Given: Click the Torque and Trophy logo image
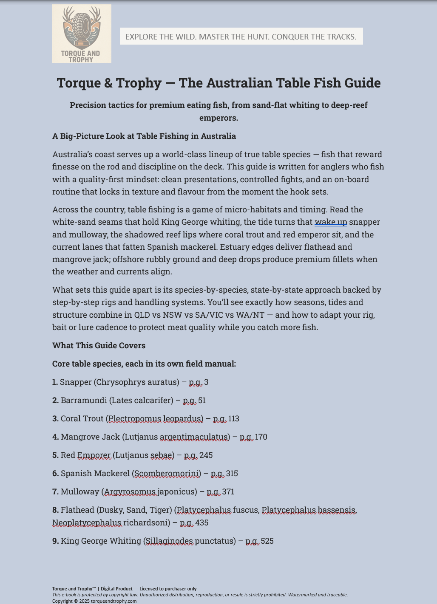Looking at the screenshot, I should coord(82,34).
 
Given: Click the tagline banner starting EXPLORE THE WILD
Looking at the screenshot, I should coord(241,37).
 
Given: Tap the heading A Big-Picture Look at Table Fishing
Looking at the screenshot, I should coord(144,136).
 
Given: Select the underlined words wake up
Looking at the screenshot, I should coord(331,222).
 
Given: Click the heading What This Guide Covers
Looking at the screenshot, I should coord(99,346).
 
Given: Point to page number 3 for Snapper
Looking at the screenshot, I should coord(206,382).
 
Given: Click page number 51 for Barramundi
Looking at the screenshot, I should coord(202,401).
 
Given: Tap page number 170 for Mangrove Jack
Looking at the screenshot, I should coord(261,437).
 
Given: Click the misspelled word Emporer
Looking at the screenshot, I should coord(94,455).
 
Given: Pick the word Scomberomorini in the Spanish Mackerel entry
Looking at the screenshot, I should coord(167,474).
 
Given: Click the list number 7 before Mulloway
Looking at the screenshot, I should coord(55,492).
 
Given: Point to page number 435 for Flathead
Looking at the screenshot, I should coord(201,523).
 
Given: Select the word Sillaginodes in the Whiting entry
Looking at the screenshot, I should coord(169,541).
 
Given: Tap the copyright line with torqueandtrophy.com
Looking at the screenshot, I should coord(94,601).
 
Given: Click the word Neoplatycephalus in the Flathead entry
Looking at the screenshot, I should coord(87,523).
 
